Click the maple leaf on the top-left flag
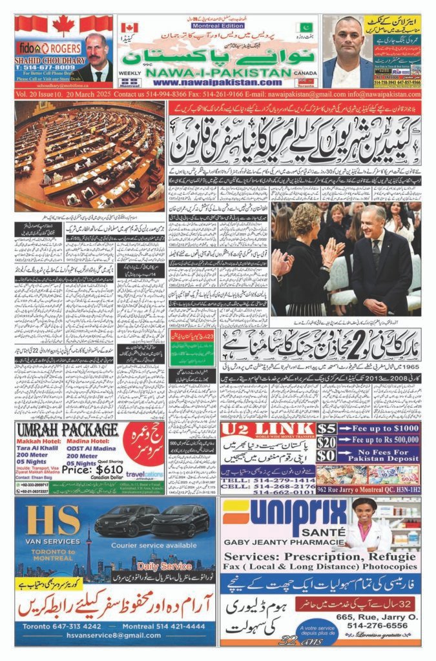click(x=63, y=26)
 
